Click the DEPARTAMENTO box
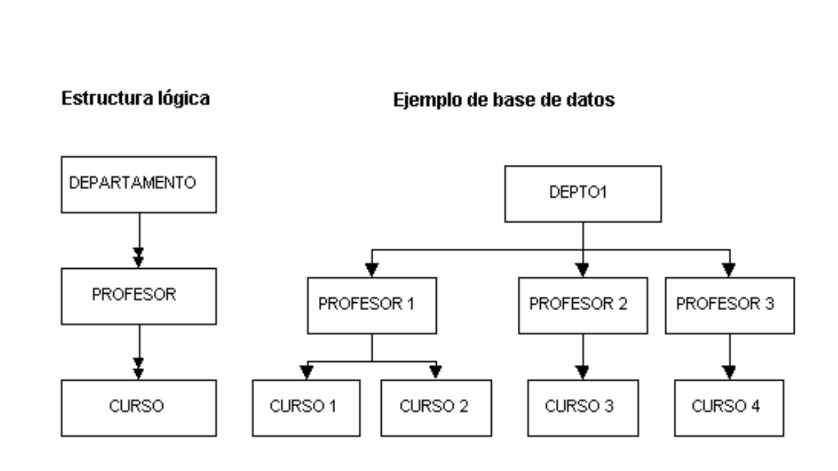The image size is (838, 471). click(138, 184)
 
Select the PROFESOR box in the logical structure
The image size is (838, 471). click(138, 296)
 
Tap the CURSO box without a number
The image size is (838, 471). click(138, 408)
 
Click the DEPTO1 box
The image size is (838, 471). click(583, 194)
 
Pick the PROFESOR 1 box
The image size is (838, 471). click(371, 305)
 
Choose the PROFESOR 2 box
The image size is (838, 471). click(583, 305)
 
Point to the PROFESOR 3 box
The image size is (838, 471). click(729, 305)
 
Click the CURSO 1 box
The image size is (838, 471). click(306, 408)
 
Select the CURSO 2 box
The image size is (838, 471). click(435, 408)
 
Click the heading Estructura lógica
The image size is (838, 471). click(136, 99)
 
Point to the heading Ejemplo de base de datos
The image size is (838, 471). click(503, 101)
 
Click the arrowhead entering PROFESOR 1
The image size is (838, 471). click(372, 270)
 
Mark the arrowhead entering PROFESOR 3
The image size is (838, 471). click(729, 270)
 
